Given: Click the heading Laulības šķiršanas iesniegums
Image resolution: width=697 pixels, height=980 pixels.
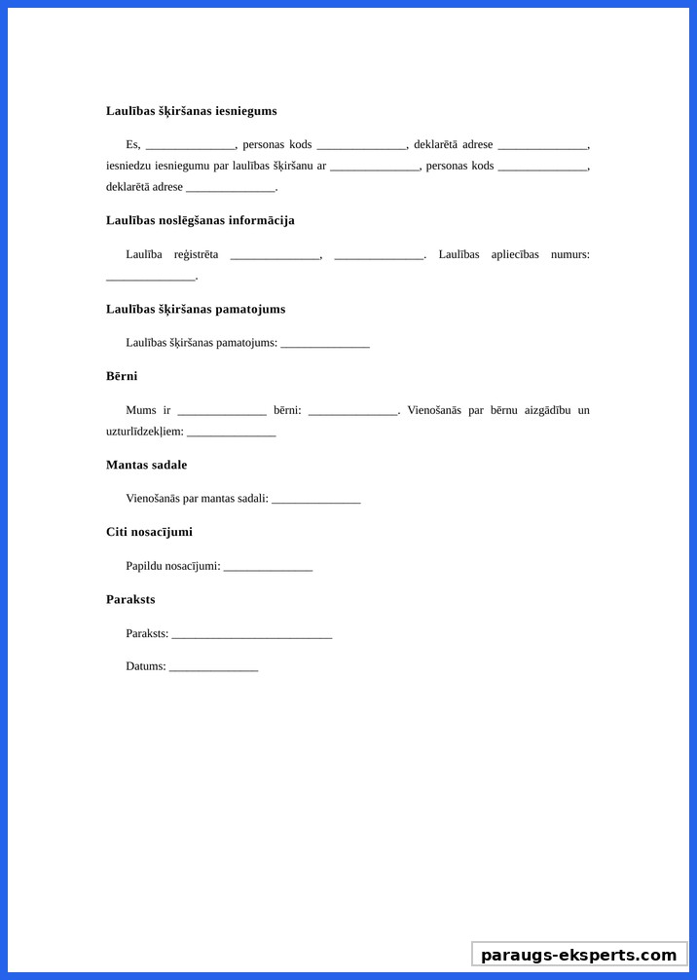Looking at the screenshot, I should tap(191, 111).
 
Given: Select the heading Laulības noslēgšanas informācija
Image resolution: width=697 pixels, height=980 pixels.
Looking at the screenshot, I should tap(200, 220).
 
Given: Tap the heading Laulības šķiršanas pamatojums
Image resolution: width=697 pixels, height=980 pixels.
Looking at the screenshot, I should tap(196, 309).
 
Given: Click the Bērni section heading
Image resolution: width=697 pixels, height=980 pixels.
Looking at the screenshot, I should tap(122, 376).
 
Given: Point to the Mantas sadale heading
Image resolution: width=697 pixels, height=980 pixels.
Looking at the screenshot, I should tap(146, 465).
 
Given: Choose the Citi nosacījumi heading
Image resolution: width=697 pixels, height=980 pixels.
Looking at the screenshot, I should tap(149, 532).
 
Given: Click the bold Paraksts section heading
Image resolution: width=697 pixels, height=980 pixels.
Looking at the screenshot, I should tap(130, 599).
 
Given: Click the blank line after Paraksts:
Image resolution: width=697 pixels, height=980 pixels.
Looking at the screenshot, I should tap(251, 635).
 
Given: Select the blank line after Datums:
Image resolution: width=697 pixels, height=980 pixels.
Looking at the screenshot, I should tap(213, 668).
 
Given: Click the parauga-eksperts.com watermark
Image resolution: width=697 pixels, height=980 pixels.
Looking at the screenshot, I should tap(579, 955).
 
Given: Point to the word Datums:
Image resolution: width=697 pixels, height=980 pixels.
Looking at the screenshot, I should tap(146, 666).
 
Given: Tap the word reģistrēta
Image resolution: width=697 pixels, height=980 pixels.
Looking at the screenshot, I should tap(196, 254).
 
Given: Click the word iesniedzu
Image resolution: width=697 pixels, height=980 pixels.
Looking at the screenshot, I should tap(128, 166).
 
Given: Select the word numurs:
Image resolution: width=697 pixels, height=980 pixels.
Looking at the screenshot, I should tap(569, 254).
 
